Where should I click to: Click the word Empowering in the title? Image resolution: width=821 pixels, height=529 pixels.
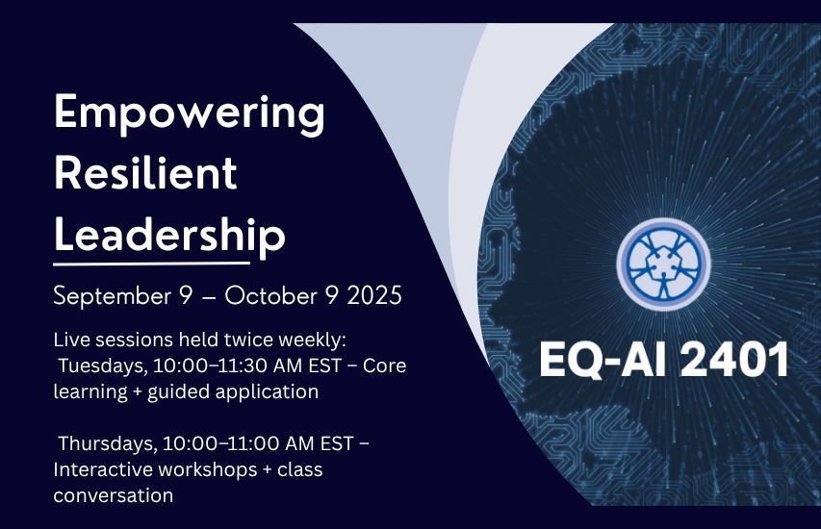click(x=189, y=116)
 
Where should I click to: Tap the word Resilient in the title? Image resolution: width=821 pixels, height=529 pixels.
click(x=145, y=173)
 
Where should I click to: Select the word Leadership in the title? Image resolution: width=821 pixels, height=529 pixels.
click(x=169, y=233)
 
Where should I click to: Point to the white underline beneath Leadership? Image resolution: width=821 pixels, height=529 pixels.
click(x=151, y=262)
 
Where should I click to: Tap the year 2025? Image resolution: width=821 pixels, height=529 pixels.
click(x=369, y=295)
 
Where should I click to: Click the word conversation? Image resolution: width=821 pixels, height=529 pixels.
click(x=114, y=496)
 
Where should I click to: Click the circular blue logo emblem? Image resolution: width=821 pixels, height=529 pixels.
click(x=662, y=264)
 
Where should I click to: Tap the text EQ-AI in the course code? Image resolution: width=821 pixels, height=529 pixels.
click(x=592, y=361)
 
